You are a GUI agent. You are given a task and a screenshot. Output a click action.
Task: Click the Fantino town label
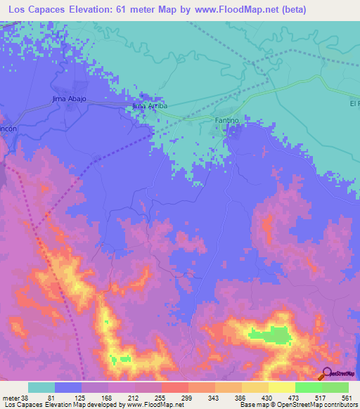(227, 121)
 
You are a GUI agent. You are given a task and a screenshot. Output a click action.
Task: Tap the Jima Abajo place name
(69, 98)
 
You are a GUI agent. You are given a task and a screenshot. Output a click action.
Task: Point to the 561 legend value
(346, 397)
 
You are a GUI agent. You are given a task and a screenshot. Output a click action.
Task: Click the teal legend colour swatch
(41, 387)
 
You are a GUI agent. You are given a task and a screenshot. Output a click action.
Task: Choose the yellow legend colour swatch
(281, 387)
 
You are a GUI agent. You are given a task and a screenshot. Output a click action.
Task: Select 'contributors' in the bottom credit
(338, 405)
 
